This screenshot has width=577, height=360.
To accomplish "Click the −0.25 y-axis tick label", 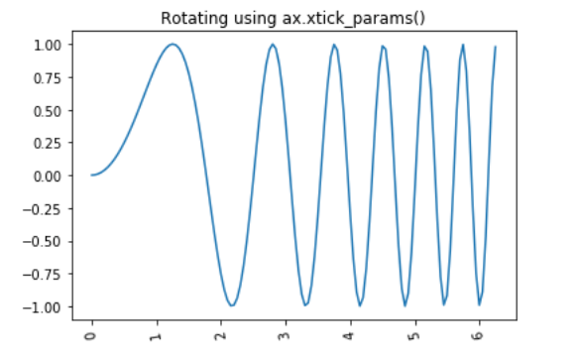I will tap(51, 208).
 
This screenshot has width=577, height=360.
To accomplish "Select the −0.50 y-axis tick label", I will tap(51, 241).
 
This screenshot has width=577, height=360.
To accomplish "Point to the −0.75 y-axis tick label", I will tap(51, 274).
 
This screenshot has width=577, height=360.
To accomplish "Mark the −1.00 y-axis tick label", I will tap(51, 306).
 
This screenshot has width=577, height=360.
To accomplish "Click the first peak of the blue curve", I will tap(173, 44).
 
